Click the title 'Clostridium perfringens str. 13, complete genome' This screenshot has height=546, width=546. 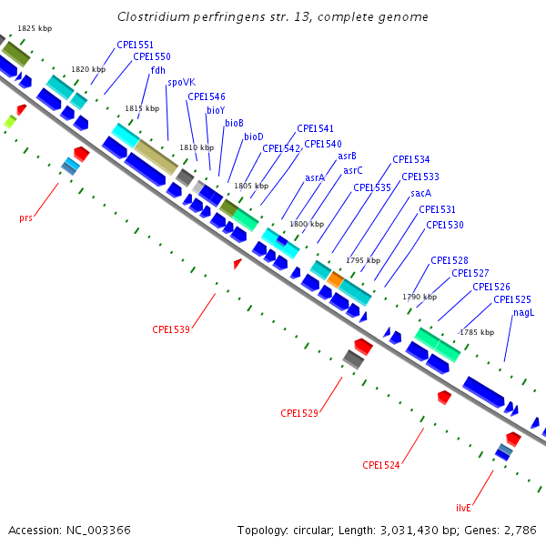point(273,17)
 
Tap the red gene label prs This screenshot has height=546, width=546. point(25,218)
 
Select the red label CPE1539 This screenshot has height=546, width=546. point(171,329)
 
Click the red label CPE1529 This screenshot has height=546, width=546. point(299,413)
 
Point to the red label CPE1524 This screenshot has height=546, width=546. point(381,465)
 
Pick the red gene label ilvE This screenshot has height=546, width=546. point(463,508)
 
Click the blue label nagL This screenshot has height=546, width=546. point(523,312)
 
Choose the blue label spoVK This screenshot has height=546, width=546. point(181,82)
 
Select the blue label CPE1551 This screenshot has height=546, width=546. point(135,45)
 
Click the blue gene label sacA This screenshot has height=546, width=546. point(420,193)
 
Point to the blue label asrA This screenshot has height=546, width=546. point(315,177)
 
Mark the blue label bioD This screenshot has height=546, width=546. point(254,136)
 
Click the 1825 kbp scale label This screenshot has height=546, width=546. point(35,29)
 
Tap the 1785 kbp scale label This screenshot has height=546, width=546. point(477,332)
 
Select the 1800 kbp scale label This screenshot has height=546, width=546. point(306,224)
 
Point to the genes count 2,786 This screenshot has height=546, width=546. point(518,530)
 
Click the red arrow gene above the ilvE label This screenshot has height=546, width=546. point(513,439)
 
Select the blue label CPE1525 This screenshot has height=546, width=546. point(512,299)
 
